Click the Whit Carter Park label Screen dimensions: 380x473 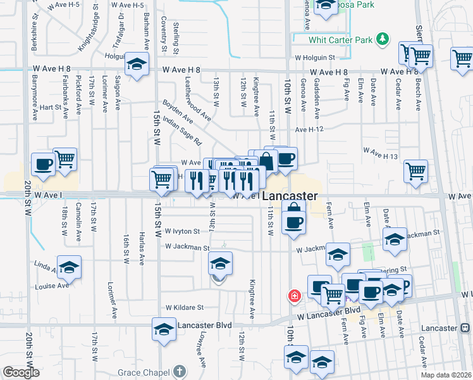(x=340, y=40)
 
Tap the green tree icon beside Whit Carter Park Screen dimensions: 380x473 (x=382, y=40)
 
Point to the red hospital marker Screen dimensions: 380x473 (x=294, y=296)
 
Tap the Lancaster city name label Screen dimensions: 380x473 (x=290, y=196)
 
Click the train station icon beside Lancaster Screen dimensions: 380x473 (x=465, y=328)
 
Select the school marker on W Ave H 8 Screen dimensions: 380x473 (x=136, y=64)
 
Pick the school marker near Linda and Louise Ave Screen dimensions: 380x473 (x=69, y=267)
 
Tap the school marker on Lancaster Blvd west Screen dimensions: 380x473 (x=164, y=329)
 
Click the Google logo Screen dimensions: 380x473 (x=21, y=372)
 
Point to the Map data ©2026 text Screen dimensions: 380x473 (x=446, y=375)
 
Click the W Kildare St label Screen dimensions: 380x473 (x=184, y=307)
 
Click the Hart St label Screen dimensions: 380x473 (x=49, y=108)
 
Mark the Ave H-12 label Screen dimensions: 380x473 (x=309, y=129)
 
